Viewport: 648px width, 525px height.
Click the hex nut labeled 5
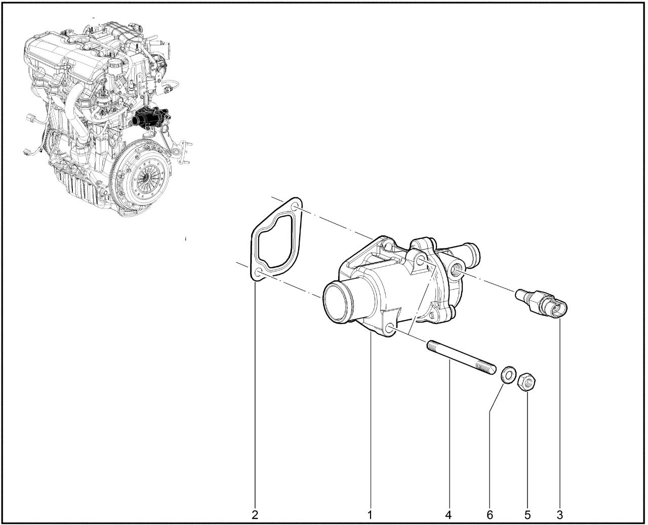pos(527,383)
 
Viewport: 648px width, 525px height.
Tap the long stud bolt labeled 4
pos(461,357)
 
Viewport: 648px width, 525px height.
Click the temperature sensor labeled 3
pos(542,302)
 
